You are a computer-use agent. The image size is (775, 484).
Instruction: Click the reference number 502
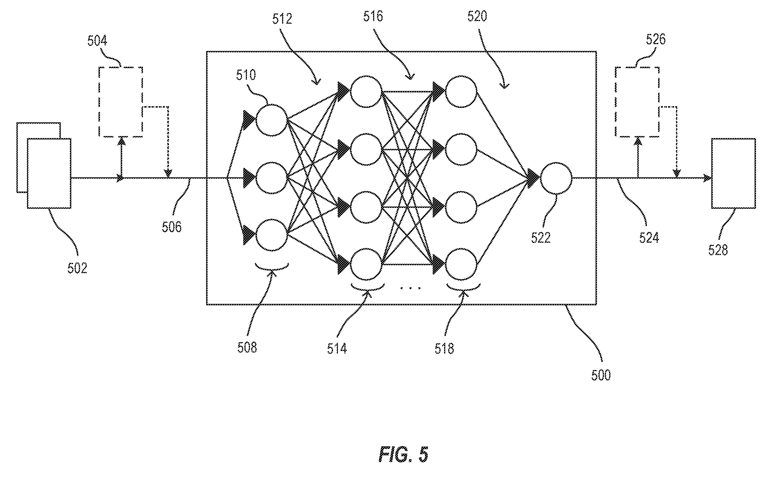pyautogui.click(x=77, y=268)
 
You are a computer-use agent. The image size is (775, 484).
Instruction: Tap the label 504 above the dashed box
pyautogui.click(x=97, y=41)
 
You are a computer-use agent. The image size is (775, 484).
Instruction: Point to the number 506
pyautogui.click(x=172, y=227)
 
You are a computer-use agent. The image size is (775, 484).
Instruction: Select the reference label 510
pyautogui.click(x=246, y=75)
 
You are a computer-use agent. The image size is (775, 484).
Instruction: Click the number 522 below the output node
pyautogui.click(x=541, y=237)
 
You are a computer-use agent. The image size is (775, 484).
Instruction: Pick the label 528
pyautogui.click(x=718, y=250)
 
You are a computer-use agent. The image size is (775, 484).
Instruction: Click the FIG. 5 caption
pyautogui.click(x=403, y=454)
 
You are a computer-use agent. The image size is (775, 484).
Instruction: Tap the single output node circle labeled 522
pyautogui.click(x=556, y=178)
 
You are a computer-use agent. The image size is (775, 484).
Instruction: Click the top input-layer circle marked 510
pyautogui.click(x=272, y=120)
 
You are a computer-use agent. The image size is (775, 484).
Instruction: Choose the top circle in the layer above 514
pyautogui.click(x=366, y=92)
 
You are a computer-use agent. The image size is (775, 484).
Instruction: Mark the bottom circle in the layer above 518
pyautogui.click(x=461, y=264)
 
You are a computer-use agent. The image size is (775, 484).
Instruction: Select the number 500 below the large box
pyautogui.click(x=601, y=375)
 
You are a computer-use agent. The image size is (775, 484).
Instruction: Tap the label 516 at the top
pyautogui.click(x=373, y=16)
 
